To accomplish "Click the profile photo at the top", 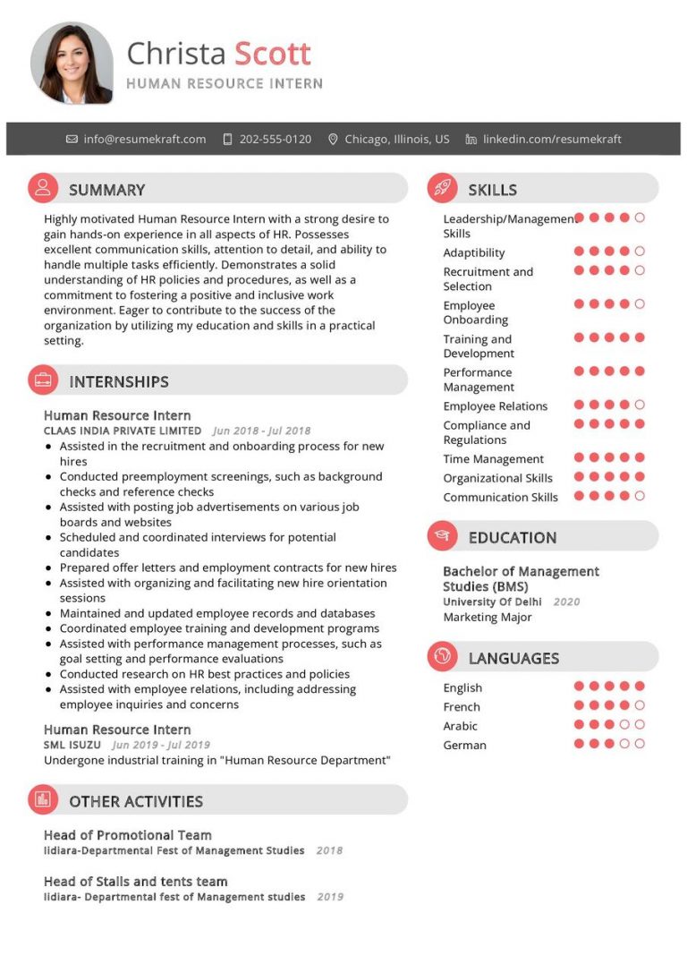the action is [x=72, y=63].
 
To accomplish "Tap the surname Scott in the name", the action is [x=272, y=54].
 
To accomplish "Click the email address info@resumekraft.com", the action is [x=144, y=139].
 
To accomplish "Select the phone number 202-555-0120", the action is [x=275, y=139].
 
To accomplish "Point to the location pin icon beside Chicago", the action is [x=334, y=139].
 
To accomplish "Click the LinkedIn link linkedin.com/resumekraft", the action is [x=551, y=139].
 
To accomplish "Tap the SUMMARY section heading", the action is [x=106, y=190].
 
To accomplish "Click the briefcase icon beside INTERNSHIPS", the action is [x=43, y=380].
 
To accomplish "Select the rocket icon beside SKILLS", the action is [x=442, y=188].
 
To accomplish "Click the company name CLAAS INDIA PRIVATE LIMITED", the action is [x=123, y=431].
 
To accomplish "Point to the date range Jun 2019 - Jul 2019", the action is [x=161, y=745].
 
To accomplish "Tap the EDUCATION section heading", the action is [x=512, y=538].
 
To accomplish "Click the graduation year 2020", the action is [x=566, y=602].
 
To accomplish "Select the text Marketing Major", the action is [x=488, y=617].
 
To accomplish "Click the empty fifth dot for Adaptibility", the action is [x=640, y=252].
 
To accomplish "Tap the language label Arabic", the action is [x=460, y=726].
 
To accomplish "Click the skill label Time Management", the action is [x=493, y=459].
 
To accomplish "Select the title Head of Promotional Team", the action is [x=128, y=835].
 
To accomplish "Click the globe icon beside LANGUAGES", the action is [x=442, y=658].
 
